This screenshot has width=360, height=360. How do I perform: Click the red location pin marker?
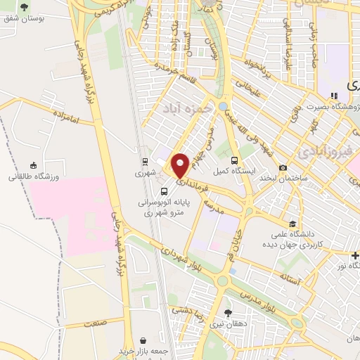pos(180,165)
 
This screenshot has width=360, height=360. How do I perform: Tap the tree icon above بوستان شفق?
pos(25,7)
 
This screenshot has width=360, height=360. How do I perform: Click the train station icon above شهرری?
pos(144,160)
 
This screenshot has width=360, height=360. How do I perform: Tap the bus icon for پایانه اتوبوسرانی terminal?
pos(164,191)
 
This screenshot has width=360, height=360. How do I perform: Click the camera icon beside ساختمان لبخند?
pos(283,167)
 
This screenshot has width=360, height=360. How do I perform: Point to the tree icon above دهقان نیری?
pos(227,312)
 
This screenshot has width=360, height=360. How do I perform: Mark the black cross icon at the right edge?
pos(356,254)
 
